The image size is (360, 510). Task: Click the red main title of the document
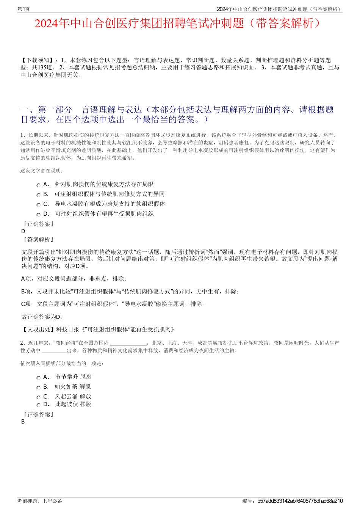click(x=177, y=24)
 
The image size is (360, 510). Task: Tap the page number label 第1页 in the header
click(x=23, y=9)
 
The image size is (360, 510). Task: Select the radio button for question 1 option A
click(x=38, y=185)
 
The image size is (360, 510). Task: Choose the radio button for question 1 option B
click(x=38, y=195)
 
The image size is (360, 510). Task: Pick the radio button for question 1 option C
click(x=38, y=205)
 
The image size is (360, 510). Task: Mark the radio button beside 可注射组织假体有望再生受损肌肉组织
click(x=38, y=215)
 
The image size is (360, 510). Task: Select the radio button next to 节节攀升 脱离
click(x=38, y=378)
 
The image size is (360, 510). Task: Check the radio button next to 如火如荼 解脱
click(x=38, y=388)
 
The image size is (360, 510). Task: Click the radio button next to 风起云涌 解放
click(x=38, y=397)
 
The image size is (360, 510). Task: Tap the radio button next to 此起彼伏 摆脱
click(x=38, y=405)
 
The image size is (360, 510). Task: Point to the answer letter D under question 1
click(x=23, y=231)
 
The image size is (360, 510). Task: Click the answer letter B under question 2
click(x=23, y=422)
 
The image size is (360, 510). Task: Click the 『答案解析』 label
click(x=38, y=240)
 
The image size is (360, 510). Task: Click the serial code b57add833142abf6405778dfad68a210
click(x=300, y=501)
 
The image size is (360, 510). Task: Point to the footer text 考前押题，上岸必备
click(x=40, y=501)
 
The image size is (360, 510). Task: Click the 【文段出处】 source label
click(x=38, y=330)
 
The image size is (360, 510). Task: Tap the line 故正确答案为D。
click(x=42, y=317)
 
